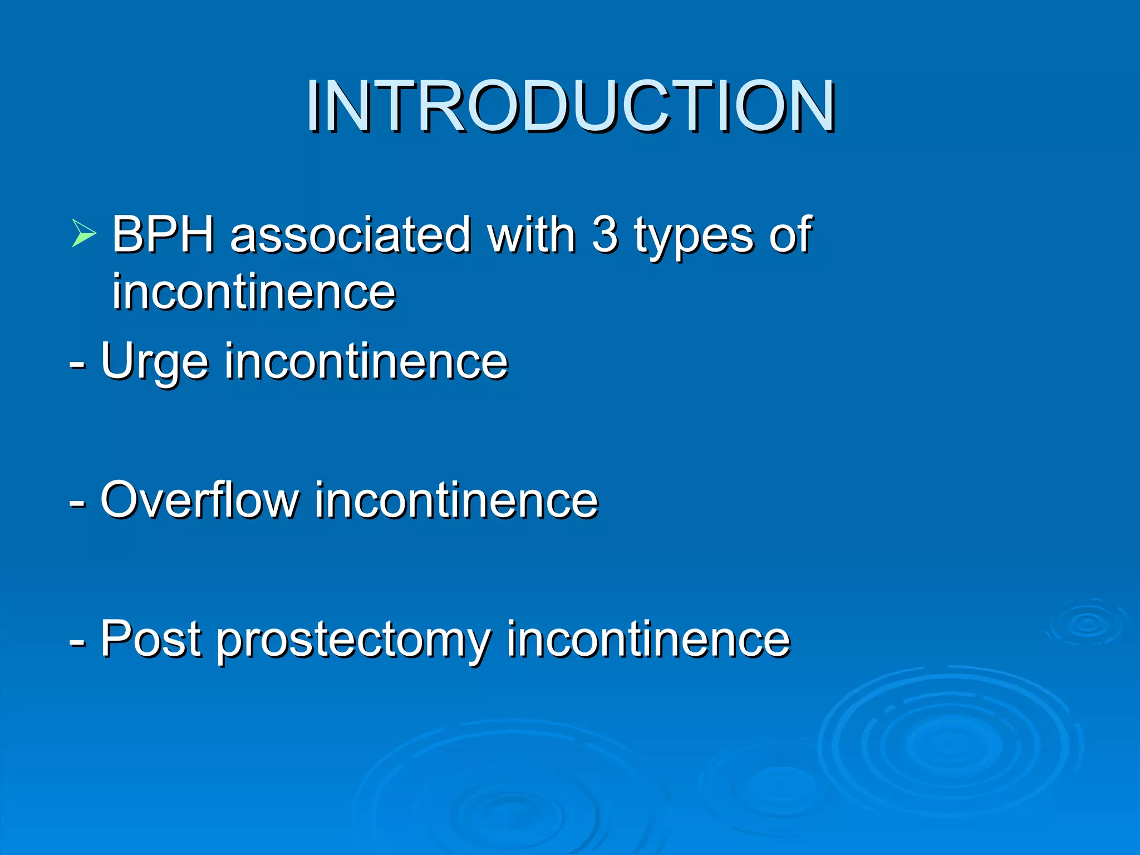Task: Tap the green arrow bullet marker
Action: [83, 233]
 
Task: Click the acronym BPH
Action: [163, 234]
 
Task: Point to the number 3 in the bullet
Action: [605, 234]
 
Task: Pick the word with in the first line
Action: [531, 234]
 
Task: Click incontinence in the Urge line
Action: [366, 362]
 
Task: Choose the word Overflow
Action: [199, 500]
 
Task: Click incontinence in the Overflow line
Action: [456, 500]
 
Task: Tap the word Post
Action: [150, 639]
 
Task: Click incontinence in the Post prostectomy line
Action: [648, 639]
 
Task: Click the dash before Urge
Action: [77, 365]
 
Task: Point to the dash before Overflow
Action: [77, 503]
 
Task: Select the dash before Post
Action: [77, 642]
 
